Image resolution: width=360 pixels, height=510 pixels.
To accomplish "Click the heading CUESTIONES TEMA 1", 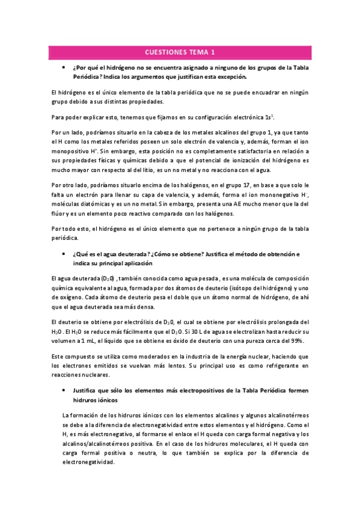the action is pos(180,52).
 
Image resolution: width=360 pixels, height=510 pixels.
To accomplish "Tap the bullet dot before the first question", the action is pos(64,67).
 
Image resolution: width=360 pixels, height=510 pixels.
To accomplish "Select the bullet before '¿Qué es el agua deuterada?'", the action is pos(64,254).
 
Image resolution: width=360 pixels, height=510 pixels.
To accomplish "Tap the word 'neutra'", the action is pos(147,453).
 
